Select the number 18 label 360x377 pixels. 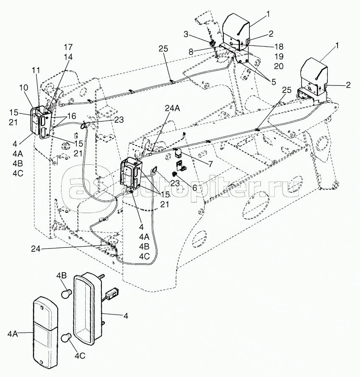(x=278, y=46)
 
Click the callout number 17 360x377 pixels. (x=68, y=47)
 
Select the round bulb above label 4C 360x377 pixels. (x=67, y=338)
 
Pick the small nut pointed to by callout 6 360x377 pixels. (x=174, y=174)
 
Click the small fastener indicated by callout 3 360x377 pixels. (x=212, y=42)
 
